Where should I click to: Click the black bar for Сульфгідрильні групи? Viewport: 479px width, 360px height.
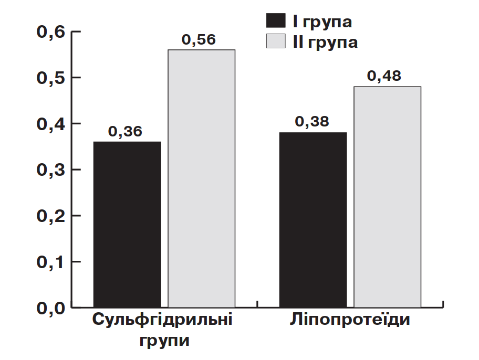click(127, 225)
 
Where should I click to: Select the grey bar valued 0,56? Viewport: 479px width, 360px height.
click(202, 178)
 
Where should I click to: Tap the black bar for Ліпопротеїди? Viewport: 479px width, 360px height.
click(313, 220)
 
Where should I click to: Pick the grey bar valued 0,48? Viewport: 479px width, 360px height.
click(388, 197)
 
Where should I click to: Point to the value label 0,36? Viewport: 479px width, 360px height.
click(125, 131)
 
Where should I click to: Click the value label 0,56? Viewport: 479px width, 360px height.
click(199, 39)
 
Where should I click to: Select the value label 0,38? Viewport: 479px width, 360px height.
click(312, 122)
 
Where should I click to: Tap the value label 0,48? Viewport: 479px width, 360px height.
click(384, 76)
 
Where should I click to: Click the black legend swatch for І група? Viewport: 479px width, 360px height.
click(276, 20)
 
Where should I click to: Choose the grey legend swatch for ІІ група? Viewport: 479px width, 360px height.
click(276, 41)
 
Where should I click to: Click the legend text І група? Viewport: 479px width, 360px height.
click(322, 22)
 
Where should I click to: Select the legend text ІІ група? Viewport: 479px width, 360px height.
click(325, 43)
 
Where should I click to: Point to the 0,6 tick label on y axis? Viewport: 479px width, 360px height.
click(51, 32)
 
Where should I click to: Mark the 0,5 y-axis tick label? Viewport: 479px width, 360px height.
click(51, 78)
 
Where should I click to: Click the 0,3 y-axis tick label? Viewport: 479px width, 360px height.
click(51, 170)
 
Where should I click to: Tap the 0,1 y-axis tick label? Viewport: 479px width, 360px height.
click(51, 262)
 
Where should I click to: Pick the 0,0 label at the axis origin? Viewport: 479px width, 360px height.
click(51, 309)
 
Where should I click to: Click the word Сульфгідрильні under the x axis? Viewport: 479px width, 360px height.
click(162, 320)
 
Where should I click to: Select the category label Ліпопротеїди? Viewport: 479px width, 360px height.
click(350, 319)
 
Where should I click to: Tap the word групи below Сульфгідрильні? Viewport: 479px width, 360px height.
click(164, 341)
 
